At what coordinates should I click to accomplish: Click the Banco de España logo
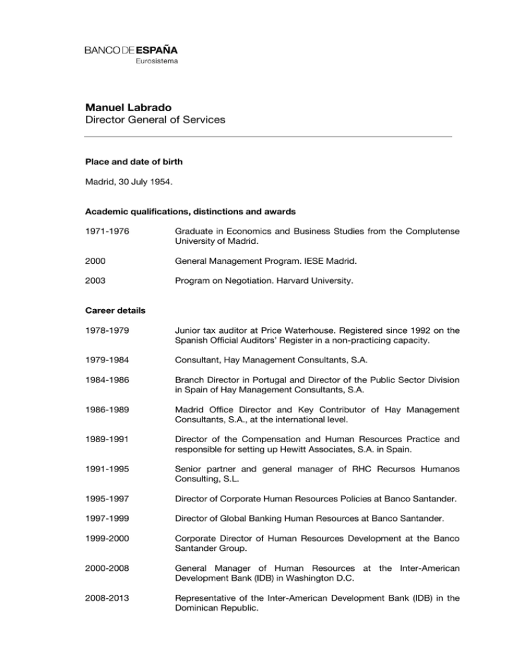pos(131,50)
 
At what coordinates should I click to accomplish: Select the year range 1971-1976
pos(105,232)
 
